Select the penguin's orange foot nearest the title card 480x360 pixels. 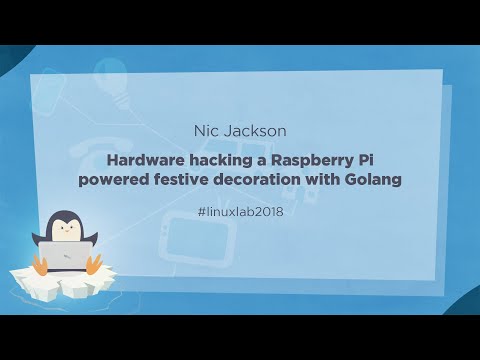coord(96,265)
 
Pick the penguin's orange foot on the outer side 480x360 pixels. coord(41,266)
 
